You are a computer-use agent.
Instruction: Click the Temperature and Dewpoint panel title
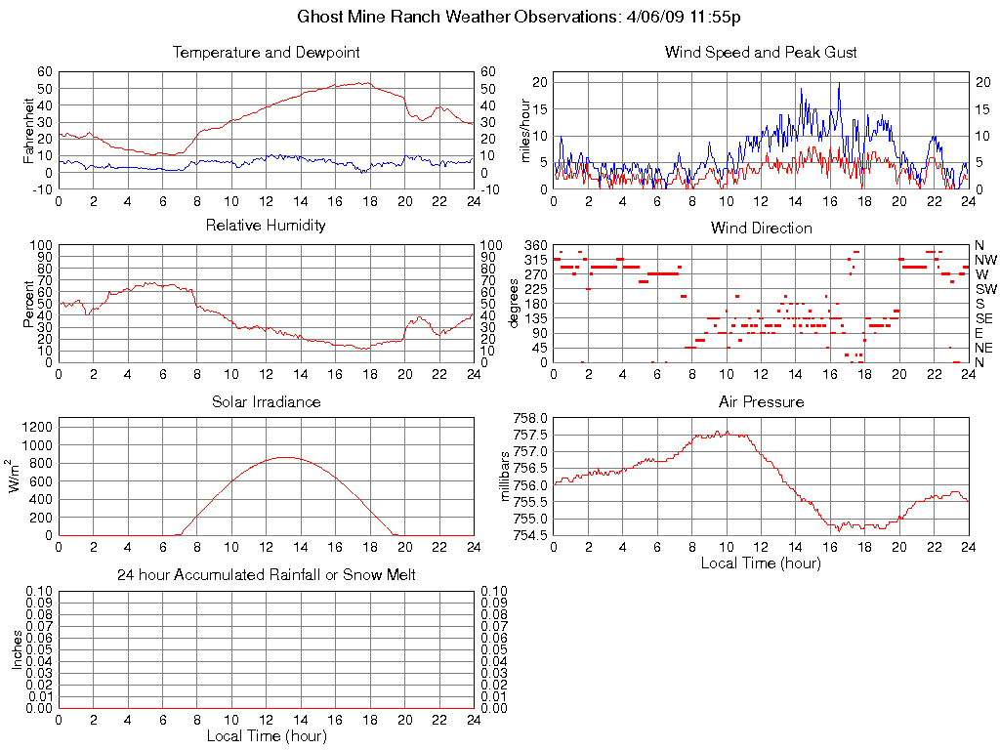[266, 53]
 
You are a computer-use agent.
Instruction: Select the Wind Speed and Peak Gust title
[760, 53]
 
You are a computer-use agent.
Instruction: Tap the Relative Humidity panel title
[266, 226]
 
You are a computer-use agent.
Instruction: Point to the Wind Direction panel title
[760, 229]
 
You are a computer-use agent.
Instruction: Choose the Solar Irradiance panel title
[266, 402]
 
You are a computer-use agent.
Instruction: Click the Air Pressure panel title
[760, 402]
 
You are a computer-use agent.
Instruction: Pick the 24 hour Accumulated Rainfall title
[266, 575]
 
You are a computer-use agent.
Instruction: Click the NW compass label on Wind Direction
[984, 260]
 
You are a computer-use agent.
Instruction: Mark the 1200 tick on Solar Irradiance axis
[39, 427]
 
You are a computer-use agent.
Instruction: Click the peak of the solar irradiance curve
[283, 457]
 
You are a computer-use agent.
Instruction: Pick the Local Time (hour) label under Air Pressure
[760, 562]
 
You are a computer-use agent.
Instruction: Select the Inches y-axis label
[17, 648]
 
